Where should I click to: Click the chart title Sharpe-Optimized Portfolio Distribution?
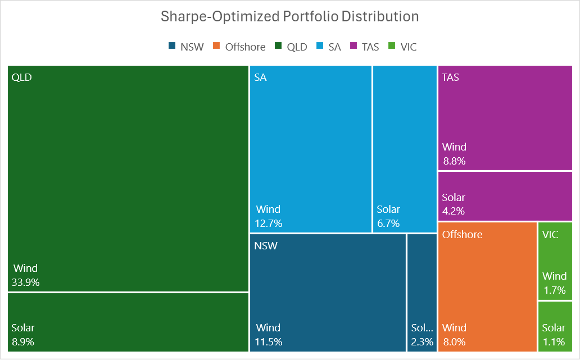pos(289,16)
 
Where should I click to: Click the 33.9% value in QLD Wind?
pos(26,282)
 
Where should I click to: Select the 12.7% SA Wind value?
pos(269,224)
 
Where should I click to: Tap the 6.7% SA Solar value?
pos(388,224)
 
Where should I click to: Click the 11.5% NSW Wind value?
pos(269,342)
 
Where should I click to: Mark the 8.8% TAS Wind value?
pos(454,161)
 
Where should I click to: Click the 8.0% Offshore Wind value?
pos(454,342)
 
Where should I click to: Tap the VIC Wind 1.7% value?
pos(554,290)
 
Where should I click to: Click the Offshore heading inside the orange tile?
pos(462,234)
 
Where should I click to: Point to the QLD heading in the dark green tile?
pos(21,78)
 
